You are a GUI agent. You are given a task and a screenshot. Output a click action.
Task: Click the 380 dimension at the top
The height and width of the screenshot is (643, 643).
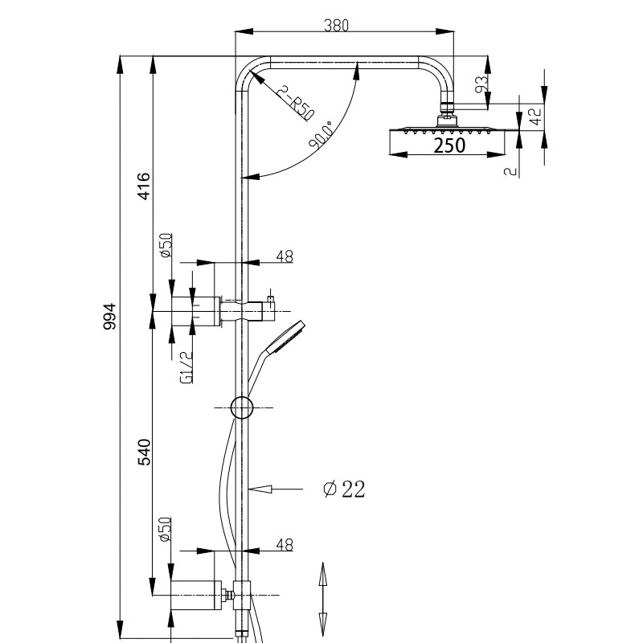[x=336, y=26]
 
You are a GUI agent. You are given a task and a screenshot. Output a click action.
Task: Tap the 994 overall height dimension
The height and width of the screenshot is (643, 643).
[x=110, y=316]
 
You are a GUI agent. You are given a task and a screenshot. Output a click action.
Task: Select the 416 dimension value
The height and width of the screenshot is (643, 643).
[x=144, y=186]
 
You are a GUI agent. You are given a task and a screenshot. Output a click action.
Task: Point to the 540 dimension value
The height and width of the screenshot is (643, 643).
[x=144, y=452]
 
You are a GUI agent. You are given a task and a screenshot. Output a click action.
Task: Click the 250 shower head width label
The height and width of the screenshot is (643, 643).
[x=449, y=145]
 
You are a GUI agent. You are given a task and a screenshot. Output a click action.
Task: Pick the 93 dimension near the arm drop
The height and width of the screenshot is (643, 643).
[x=482, y=84]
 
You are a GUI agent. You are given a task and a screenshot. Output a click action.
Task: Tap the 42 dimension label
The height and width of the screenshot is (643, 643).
[x=535, y=116]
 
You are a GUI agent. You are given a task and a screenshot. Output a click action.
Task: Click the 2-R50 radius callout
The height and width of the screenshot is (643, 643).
[x=295, y=103]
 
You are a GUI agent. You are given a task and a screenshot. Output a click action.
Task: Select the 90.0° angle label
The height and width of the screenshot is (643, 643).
[x=321, y=134]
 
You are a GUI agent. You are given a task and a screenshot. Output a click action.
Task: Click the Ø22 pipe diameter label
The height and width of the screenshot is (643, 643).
[x=344, y=489]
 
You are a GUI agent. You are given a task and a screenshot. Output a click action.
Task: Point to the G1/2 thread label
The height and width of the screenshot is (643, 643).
[x=186, y=367]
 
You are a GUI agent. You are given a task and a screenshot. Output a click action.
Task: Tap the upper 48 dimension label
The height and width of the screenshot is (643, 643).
[x=285, y=256]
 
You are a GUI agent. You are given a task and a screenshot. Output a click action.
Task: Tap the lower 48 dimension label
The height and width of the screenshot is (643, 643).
[x=285, y=545]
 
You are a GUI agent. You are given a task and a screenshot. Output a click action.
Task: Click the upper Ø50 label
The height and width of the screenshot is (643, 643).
[x=166, y=245]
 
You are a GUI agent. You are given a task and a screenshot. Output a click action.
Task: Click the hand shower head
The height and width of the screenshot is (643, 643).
[x=286, y=337]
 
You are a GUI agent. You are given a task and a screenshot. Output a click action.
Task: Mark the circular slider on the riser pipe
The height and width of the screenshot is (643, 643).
[x=242, y=408]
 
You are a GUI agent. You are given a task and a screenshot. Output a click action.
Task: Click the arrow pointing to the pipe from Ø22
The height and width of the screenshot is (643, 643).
[x=276, y=489]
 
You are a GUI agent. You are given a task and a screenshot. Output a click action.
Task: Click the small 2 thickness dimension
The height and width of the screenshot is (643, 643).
[x=510, y=171]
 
